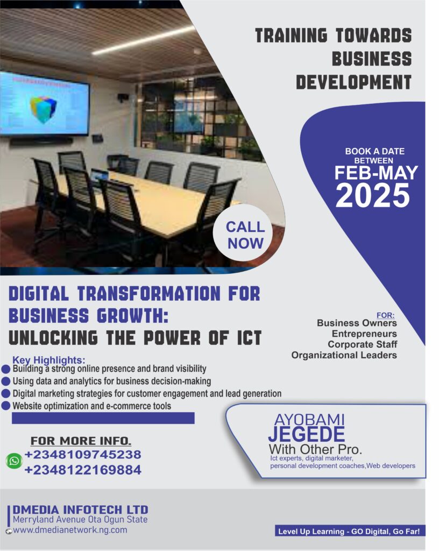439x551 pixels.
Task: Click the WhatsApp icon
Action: click(x=15, y=461)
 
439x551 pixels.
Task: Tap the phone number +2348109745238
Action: click(x=83, y=454)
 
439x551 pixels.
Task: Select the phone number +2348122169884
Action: click(x=83, y=470)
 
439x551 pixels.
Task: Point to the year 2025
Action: click(x=373, y=195)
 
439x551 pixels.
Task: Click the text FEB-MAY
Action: click(x=376, y=173)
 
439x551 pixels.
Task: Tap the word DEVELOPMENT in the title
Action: click(x=353, y=82)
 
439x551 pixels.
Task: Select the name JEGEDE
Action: click(x=306, y=434)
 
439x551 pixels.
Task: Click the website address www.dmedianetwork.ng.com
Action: click(x=70, y=530)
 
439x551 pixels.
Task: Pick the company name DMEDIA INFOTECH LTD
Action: click(x=80, y=510)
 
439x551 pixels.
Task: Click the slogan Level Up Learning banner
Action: click(x=349, y=531)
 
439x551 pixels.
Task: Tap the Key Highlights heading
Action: click(x=49, y=360)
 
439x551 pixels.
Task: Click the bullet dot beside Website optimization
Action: click(x=6, y=406)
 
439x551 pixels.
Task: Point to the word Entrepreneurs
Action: click(x=364, y=334)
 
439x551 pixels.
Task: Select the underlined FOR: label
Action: click(x=385, y=315)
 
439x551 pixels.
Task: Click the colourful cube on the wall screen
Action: click(x=43, y=108)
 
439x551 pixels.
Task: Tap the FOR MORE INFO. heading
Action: click(x=81, y=441)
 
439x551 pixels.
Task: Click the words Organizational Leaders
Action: click(x=344, y=355)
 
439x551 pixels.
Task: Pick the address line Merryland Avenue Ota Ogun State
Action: click(x=80, y=519)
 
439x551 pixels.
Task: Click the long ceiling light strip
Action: click(x=143, y=40)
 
